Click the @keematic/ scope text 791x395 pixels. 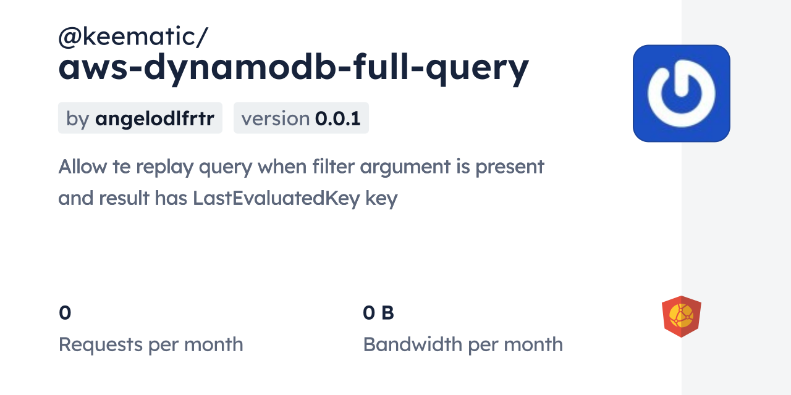click(x=133, y=37)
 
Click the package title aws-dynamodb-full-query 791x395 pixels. click(x=294, y=68)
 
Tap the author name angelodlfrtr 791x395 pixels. click(x=154, y=118)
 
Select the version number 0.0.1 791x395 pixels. click(x=337, y=118)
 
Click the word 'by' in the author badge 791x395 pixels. click(x=77, y=118)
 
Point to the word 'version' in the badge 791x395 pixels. click(x=275, y=118)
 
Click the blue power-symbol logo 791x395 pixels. click(x=681, y=93)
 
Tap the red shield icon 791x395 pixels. click(x=681, y=316)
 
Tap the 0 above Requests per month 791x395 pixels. click(x=65, y=313)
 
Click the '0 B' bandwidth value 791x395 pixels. click(x=378, y=313)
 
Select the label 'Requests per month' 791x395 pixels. click(x=151, y=344)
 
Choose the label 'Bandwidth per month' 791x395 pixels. click(x=463, y=344)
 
